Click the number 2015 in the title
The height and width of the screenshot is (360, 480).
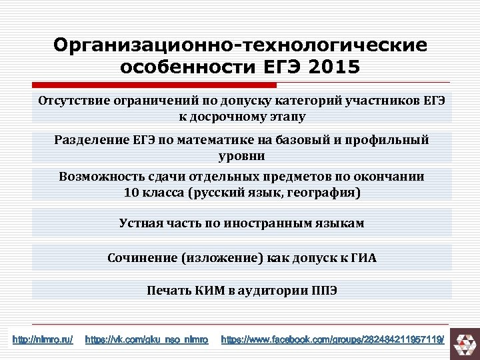[x=326, y=67]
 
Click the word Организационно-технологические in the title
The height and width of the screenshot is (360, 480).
[x=240, y=45]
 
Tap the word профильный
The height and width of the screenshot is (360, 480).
[x=387, y=139]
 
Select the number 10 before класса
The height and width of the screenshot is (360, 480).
[x=132, y=193]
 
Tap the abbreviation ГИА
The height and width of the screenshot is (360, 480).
[x=363, y=257]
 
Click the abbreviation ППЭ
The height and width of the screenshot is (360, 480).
[x=323, y=290]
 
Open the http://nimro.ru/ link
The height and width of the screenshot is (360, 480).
[x=43, y=340]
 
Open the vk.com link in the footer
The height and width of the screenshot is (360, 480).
[x=147, y=340]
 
